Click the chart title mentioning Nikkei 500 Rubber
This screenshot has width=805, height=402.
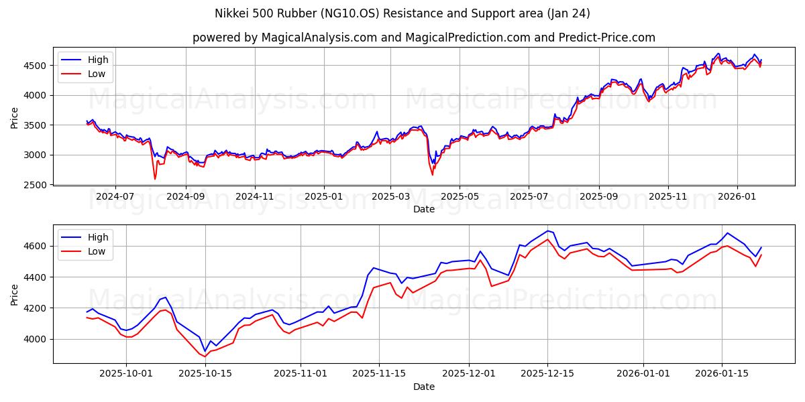pos(402,13)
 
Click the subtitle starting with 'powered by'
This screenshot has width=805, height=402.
pos(423,38)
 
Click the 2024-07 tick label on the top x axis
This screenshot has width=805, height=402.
pos(115,197)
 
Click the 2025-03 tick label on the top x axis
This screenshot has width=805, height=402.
pos(390,197)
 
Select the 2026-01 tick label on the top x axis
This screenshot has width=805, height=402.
pos(737,197)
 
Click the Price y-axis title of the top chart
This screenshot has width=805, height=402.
pos(15,117)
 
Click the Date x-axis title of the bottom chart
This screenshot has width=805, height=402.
pos(423,387)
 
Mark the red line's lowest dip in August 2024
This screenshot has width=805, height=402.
pos(155,179)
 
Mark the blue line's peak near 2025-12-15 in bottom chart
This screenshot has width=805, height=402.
pos(547,230)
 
